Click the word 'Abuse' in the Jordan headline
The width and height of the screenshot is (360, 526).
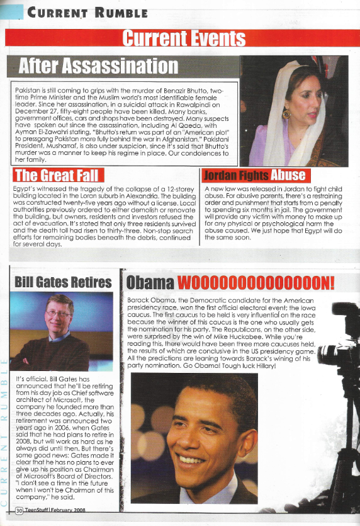pos(288,174)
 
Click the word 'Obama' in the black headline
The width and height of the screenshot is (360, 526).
pos(150,282)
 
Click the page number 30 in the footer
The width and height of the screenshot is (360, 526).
pos(20,511)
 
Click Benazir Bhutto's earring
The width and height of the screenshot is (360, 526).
pos(287,114)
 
